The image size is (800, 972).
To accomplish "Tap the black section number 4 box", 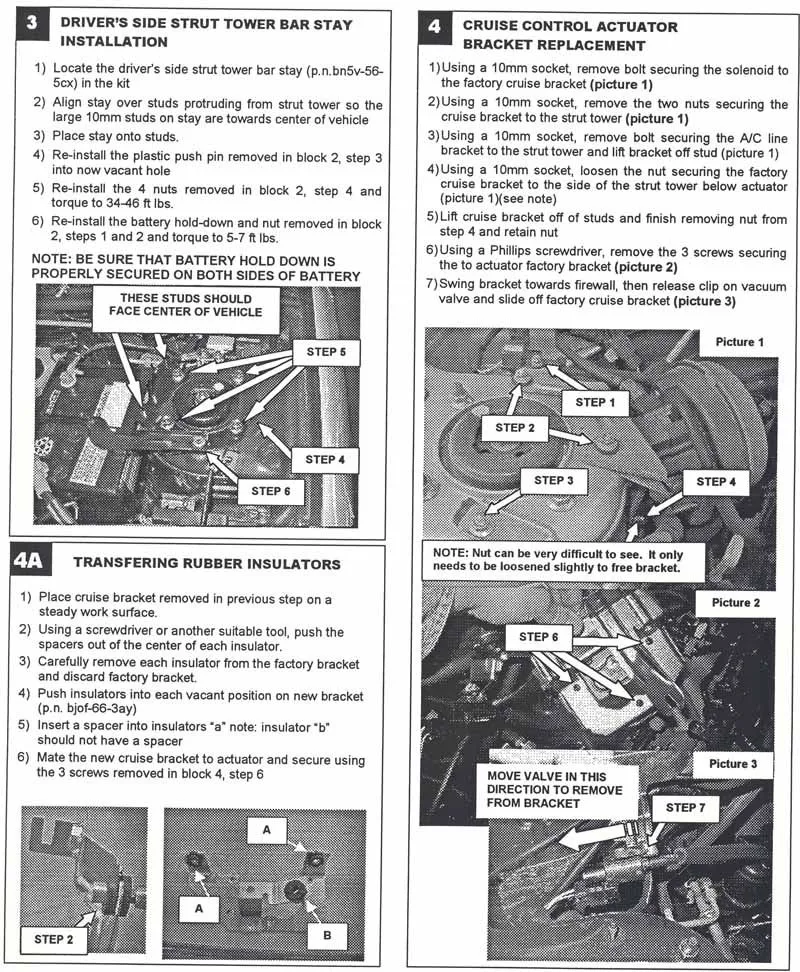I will (x=434, y=25).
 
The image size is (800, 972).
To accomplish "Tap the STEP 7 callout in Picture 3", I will (x=685, y=807).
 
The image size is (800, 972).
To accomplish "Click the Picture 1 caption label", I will (x=740, y=342).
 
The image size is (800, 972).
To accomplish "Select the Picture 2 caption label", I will (x=736, y=603).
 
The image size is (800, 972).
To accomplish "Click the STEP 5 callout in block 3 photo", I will (x=320, y=353).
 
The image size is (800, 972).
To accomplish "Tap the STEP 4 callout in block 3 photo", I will (x=321, y=459).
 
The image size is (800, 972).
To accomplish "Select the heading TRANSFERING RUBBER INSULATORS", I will (x=207, y=564).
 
